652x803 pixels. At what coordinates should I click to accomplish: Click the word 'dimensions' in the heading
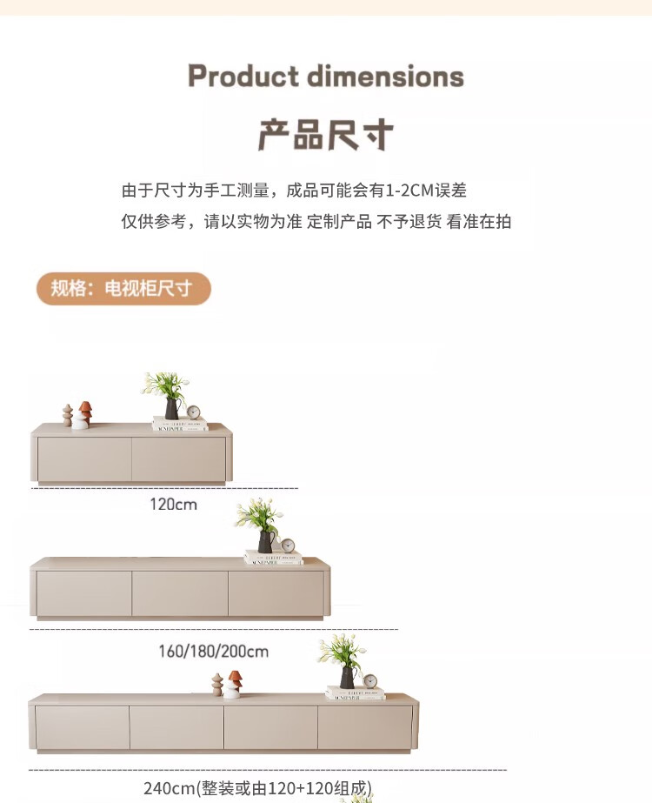(x=384, y=77)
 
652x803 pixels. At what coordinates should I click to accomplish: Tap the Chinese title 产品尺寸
(x=326, y=135)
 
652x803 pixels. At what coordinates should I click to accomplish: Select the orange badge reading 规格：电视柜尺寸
(x=123, y=289)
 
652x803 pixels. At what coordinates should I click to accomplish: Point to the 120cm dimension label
(x=173, y=505)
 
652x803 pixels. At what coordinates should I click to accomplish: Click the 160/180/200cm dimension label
(x=213, y=651)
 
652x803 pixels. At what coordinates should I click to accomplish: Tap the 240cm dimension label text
(x=257, y=788)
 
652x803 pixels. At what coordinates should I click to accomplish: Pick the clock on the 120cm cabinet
(x=193, y=412)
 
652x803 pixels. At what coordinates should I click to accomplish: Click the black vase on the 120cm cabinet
(x=171, y=409)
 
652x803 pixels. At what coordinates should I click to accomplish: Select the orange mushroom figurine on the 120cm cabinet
(x=85, y=408)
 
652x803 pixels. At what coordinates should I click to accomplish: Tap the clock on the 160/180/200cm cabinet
(x=287, y=545)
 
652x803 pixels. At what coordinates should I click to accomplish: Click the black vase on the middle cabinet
(x=264, y=542)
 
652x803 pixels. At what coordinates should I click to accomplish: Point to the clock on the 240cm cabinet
(x=370, y=681)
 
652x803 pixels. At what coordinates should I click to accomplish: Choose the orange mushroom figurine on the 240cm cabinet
(x=235, y=679)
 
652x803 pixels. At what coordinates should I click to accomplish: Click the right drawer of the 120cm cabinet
(x=178, y=458)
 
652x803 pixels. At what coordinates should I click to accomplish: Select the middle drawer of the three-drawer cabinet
(x=180, y=593)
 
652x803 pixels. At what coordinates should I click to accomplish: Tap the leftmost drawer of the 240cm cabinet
(x=82, y=727)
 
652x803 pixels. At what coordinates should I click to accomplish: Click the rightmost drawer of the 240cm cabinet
(x=364, y=727)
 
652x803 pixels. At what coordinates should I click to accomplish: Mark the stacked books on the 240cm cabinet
(x=355, y=693)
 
